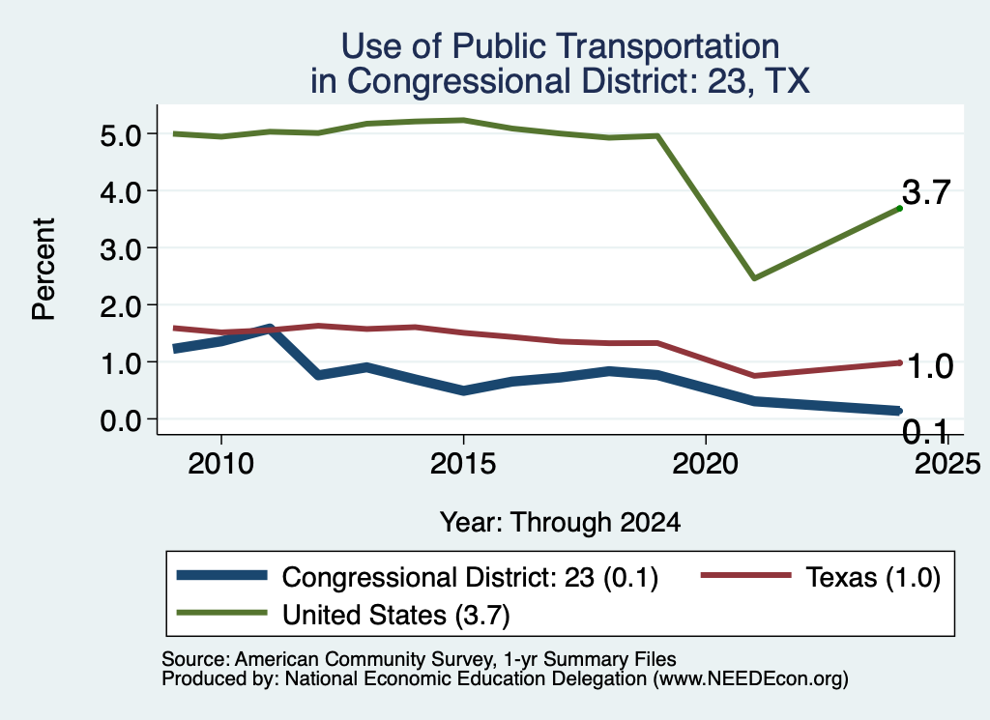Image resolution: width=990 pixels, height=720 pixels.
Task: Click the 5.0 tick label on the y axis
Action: (120, 135)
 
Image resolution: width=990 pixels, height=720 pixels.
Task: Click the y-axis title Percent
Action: (44, 270)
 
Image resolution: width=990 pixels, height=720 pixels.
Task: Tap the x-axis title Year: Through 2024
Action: (560, 523)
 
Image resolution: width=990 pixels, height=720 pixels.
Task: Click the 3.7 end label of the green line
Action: (926, 191)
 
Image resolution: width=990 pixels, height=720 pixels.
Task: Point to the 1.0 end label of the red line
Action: (930, 366)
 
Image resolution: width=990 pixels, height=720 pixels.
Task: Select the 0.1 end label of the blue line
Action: (925, 432)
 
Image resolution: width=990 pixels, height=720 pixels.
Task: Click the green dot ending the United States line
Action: (900, 208)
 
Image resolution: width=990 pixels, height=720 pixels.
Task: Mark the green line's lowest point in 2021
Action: (754, 277)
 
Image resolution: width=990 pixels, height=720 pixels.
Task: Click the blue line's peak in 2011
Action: (270, 329)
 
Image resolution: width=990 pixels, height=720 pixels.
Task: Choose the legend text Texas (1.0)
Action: (873, 577)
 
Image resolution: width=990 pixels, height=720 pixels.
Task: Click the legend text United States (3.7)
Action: (395, 616)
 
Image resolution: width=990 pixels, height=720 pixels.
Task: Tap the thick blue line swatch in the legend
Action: (222, 575)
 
